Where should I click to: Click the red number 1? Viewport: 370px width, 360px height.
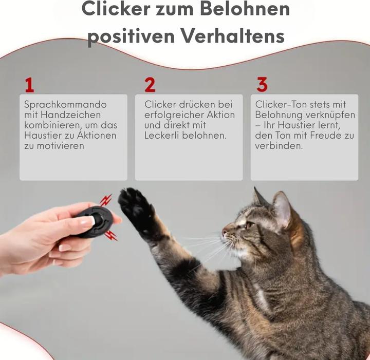click(x=29, y=85)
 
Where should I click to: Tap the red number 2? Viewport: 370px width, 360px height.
click(x=150, y=85)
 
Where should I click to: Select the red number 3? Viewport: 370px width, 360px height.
click(x=262, y=84)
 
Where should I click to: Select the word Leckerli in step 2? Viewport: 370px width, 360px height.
click(x=164, y=136)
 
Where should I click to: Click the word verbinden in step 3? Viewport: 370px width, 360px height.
click(x=277, y=146)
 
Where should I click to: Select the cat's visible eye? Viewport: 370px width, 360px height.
click(x=249, y=224)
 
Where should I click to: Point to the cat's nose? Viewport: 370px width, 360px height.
click(x=225, y=233)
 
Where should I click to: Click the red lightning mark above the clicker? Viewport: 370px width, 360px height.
click(x=105, y=199)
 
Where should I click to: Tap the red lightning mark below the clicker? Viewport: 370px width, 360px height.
click(x=110, y=236)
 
